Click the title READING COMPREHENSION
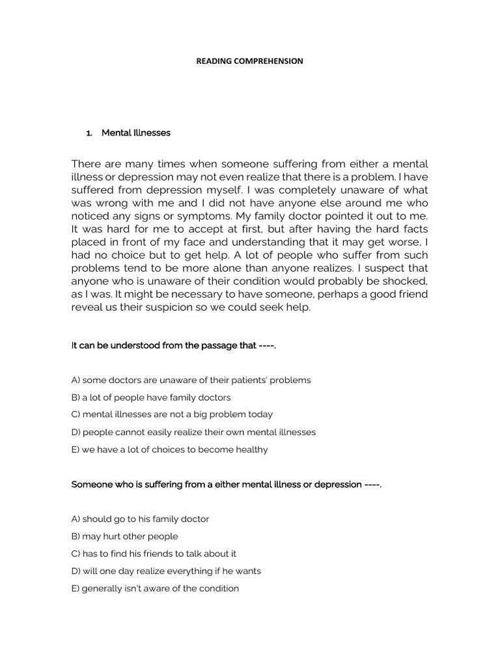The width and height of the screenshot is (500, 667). coord(250,61)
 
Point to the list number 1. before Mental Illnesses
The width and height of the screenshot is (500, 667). coord(90,133)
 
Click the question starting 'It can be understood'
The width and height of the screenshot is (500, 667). coord(174,345)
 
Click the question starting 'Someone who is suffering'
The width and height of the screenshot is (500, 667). coord(226,485)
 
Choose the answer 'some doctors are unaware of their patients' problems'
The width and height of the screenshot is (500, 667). coord(191,380)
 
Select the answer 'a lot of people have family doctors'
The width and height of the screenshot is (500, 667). coord(151,397)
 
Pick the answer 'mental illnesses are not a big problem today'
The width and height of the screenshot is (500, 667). coord(172,414)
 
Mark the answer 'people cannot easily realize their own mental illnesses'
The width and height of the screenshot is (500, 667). coord(193,432)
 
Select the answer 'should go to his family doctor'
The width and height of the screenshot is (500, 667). coord(140,519)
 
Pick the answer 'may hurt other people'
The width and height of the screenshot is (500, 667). coord(124,537)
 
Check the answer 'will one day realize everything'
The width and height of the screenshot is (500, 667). coord(166,571)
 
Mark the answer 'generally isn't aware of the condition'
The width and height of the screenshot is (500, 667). coord(155,589)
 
